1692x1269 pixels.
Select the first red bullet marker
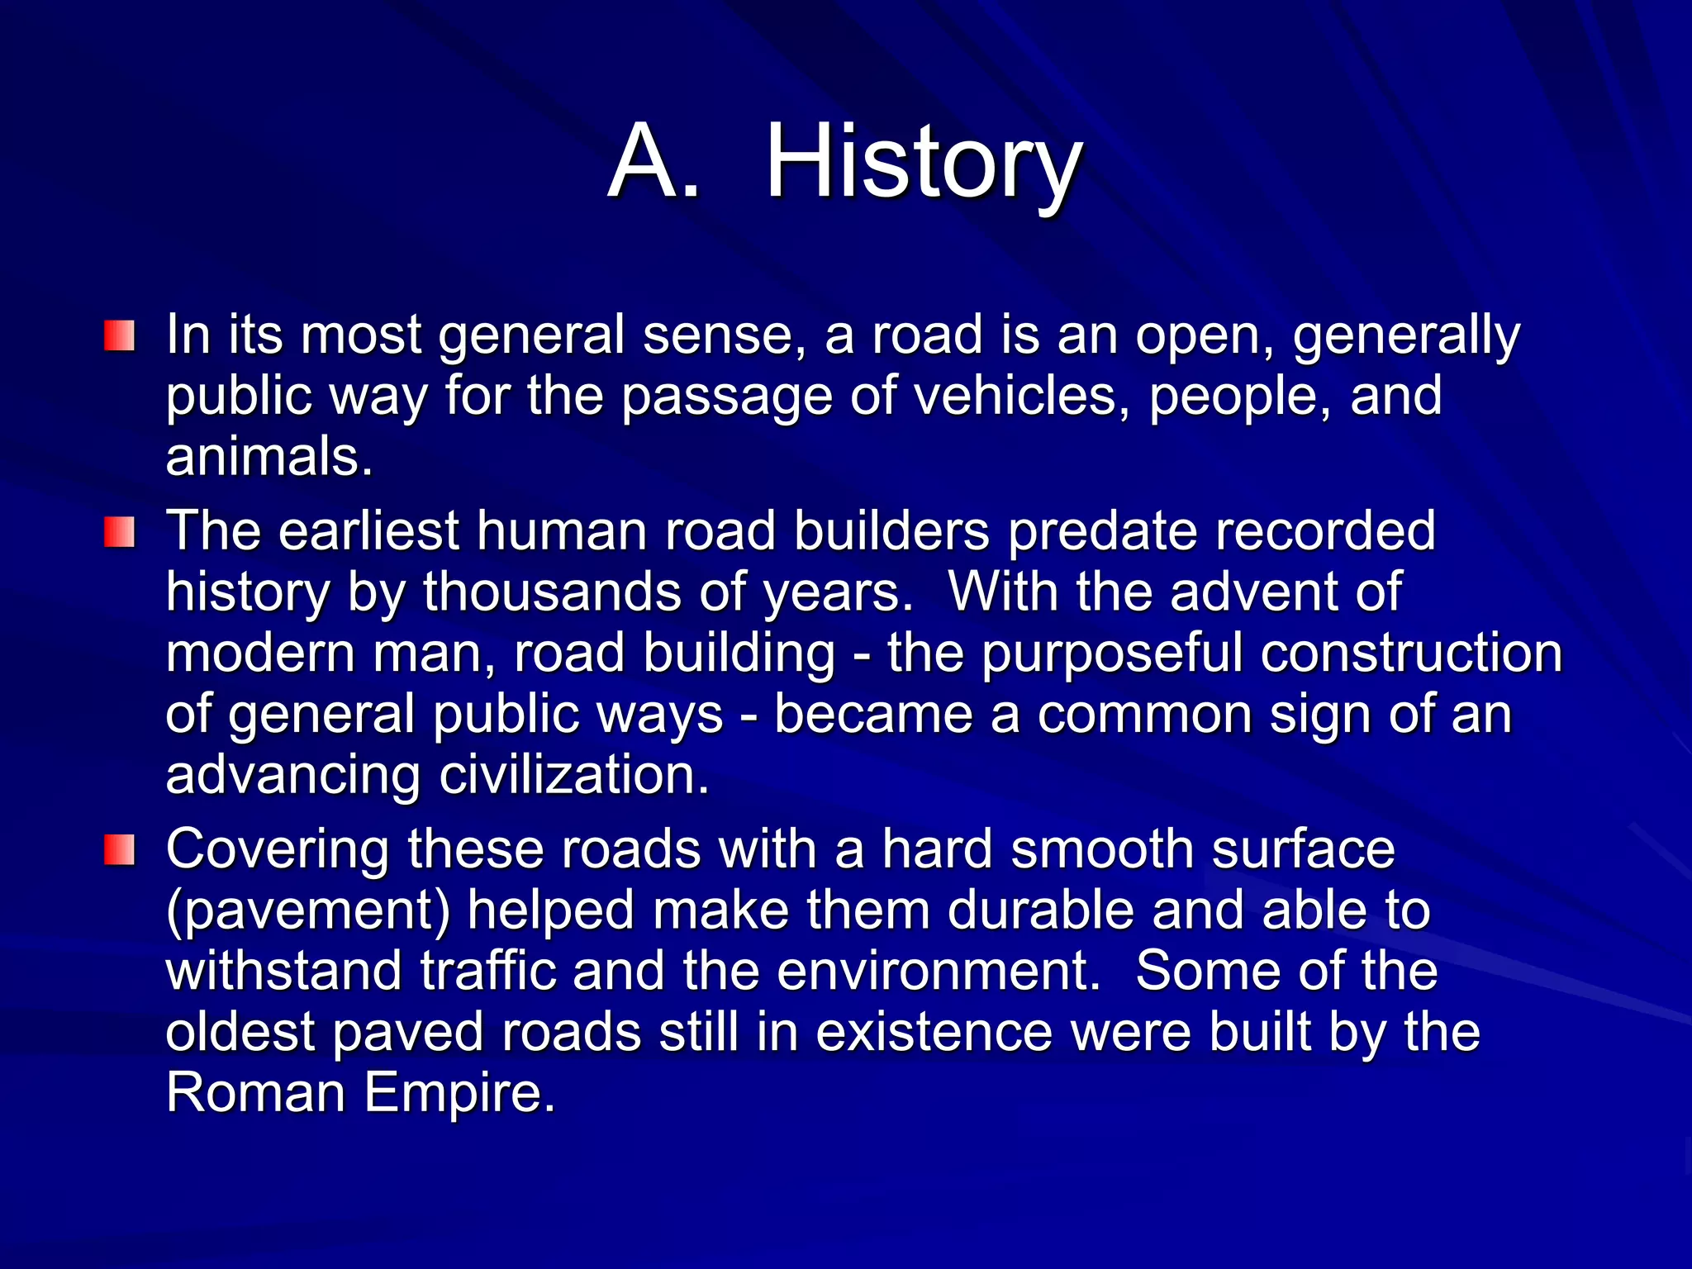click(x=119, y=336)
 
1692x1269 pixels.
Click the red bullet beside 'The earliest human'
click(x=119, y=532)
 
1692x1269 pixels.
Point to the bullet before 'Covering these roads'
click(x=119, y=850)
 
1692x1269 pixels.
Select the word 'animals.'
click(x=269, y=457)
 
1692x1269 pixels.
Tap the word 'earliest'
click(x=368, y=530)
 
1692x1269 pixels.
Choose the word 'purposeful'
click(x=1112, y=654)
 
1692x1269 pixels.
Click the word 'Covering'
click(x=278, y=849)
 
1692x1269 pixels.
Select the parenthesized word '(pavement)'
click(x=308, y=910)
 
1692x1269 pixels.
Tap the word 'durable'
click(x=1040, y=910)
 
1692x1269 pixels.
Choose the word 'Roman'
click(x=255, y=1092)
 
